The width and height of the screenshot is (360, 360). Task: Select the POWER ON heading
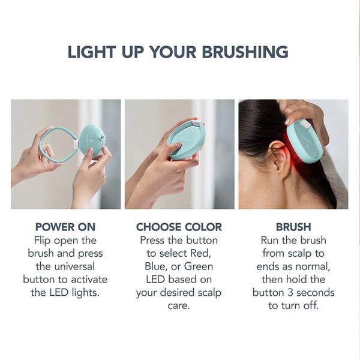coord(66,227)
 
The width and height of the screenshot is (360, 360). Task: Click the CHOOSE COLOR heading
coord(179,227)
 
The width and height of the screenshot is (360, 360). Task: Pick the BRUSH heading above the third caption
coord(293,227)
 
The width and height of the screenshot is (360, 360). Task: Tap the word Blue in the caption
coord(158,266)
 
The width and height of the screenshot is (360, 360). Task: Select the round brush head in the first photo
coord(92,140)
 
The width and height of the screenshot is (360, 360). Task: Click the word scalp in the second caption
coord(206,293)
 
